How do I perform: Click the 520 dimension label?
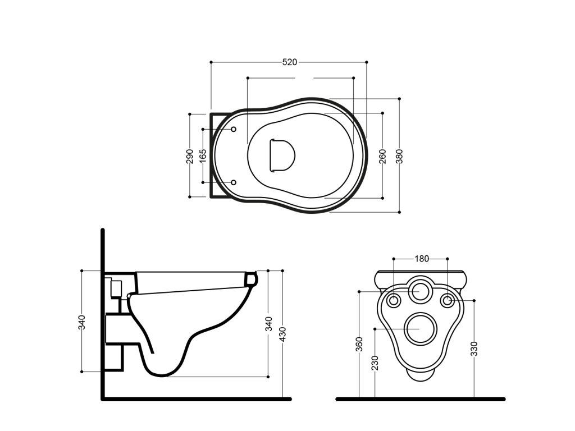tap(289, 62)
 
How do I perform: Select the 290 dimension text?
tap(190, 155)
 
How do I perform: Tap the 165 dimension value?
tap(203, 155)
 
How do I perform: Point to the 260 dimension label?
tap(383, 155)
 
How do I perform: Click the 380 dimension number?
tap(399, 155)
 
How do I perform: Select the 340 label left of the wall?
tap(82, 322)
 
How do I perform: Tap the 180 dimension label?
tap(421, 259)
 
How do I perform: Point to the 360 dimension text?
tap(359, 343)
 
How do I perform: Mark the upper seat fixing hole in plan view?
tap(234, 130)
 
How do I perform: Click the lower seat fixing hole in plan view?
tap(234, 182)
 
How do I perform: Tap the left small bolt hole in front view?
tap(394, 300)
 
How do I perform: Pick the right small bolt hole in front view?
tap(447, 300)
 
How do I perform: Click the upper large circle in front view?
tap(420, 291)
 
